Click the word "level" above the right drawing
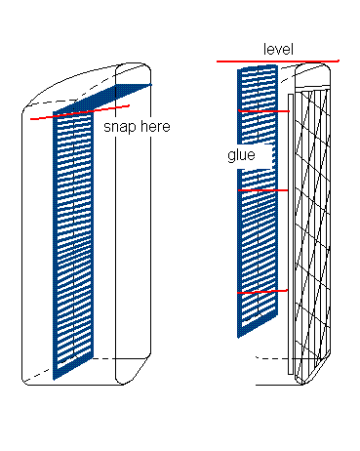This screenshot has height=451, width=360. click(x=278, y=49)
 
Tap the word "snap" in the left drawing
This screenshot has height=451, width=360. click(x=120, y=126)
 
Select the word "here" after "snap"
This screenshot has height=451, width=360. click(x=153, y=126)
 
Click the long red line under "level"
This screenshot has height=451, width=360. click(x=278, y=61)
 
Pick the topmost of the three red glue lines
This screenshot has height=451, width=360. click(x=263, y=112)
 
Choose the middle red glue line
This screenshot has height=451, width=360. click(x=263, y=190)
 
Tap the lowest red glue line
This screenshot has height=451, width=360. click(x=263, y=292)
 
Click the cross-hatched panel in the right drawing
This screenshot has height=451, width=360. click(x=314, y=225)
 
